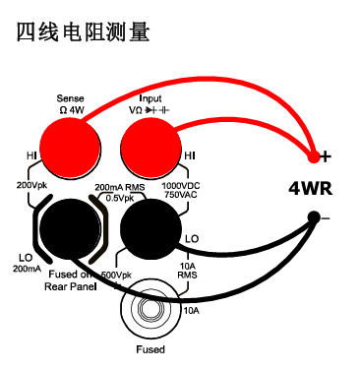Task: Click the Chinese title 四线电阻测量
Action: (x=84, y=31)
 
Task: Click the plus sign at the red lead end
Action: (x=326, y=155)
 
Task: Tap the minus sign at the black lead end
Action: (x=326, y=215)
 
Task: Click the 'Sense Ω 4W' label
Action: (x=71, y=103)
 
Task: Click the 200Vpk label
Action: (x=31, y=183)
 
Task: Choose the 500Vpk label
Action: (x=117, y=275)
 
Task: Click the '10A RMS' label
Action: (x=190, y=271)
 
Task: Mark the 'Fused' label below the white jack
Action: (x=150, y=349)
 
